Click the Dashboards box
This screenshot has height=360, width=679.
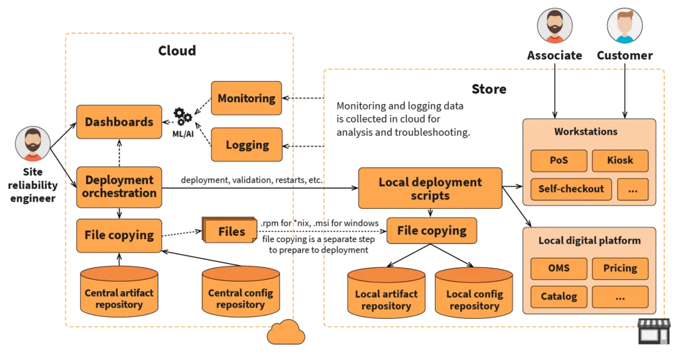(119, 122)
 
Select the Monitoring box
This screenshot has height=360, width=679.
(246, 99)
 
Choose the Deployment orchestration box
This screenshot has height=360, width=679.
(119, 187)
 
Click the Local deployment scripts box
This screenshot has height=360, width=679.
(430, 189)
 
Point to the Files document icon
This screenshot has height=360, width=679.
(230, 231)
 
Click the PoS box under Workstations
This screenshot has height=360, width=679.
(558, 160)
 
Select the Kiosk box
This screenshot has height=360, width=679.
(619, 160)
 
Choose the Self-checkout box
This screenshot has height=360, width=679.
(570, 189)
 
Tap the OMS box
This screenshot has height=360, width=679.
(558, 269)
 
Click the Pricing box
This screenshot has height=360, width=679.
(619, 269)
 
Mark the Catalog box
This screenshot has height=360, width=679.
(558, 296)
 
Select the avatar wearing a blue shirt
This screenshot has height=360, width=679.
(624, 26)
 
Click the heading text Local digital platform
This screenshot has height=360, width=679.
(589, 240)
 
